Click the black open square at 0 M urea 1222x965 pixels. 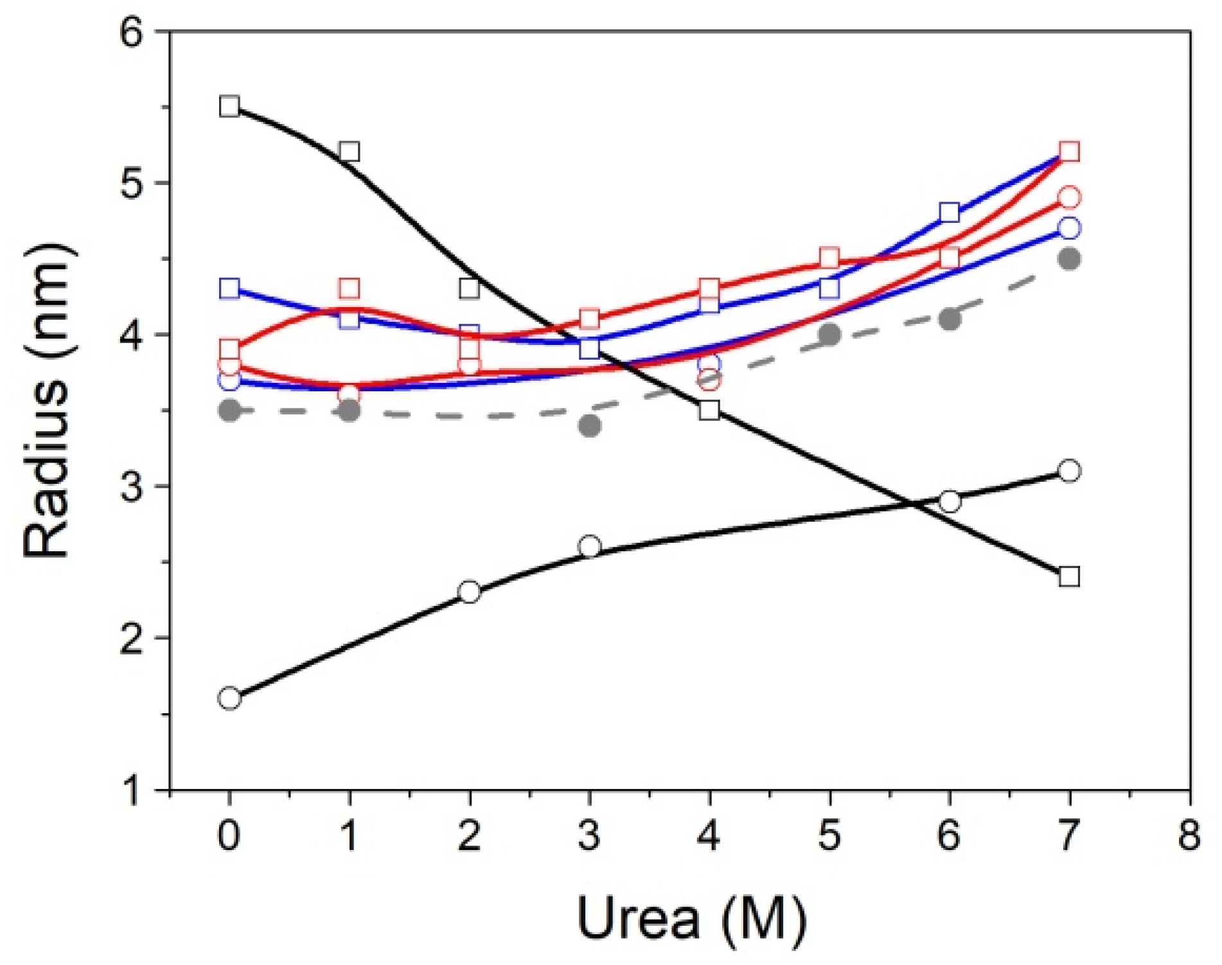click(x=229, y=106)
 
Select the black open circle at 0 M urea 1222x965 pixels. click(x=229, y=698)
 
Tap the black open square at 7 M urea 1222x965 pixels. click(x=1069, y=576)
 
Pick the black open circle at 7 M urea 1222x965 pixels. click(x=1069, y=470)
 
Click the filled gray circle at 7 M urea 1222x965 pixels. click(x=1069, y=259)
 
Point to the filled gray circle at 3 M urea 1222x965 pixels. click(x=590, y=425)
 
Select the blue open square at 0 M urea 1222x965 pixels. click(x=229, y=288)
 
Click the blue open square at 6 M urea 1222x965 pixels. click(x=949, y=213)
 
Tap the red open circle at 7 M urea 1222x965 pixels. click(x=1069, y=198)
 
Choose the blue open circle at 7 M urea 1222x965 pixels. click(x=1069, y=228)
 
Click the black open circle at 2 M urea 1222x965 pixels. click(x=470, y=592)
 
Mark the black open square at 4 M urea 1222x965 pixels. click(x=709, y=410)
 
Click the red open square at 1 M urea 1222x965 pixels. click(x=349, y=288)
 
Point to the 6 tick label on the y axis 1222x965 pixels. click(x=132, y=32)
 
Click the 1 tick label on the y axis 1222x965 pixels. click(x=132, y=790)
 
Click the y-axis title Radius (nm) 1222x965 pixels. click(x=48, y=402)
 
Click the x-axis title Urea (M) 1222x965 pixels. click(x=691, y=919)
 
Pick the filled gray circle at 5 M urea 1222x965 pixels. click(x=829, y=334)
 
